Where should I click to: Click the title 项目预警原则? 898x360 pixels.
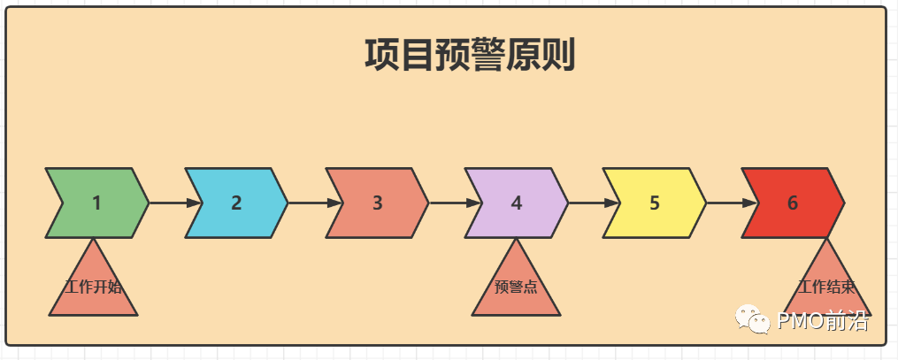[470, 55]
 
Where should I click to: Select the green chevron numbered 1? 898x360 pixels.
[97, 203]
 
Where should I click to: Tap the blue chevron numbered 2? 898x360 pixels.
[236, 203]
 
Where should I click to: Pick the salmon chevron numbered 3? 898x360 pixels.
[377, 203]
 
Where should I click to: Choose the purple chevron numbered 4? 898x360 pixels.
[517, 203]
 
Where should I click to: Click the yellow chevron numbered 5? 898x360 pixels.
[655, 203]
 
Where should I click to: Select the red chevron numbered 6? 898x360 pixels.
[793, 203]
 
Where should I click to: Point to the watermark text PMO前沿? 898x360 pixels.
[823, 321]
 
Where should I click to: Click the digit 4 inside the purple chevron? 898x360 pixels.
[517, 203]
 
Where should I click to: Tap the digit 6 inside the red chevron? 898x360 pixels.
[793, 203]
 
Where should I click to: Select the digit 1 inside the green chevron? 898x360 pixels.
[97, 203]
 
